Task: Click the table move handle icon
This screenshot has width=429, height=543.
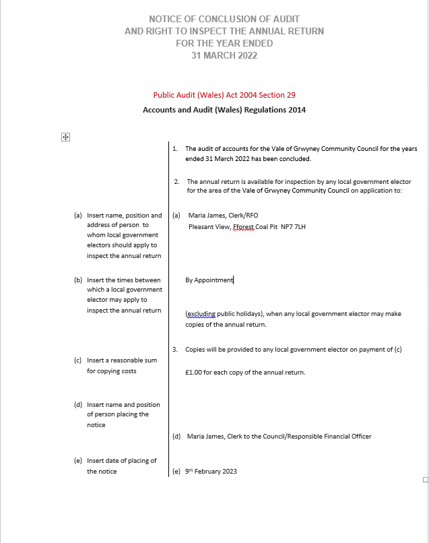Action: pyautogui.click(x=66, y=137)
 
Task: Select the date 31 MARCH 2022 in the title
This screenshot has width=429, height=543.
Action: pyautogui.click(x=224, y=55)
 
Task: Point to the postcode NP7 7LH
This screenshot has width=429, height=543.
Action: pyautogui.click(x=293, y=227)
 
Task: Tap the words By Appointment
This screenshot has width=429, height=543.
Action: pyautogui.click(x=209, y=280)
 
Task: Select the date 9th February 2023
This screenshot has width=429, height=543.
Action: pyautogui.click(x=211, y=471)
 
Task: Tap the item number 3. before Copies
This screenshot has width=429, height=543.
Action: pyautogui.click(x=175, y=349)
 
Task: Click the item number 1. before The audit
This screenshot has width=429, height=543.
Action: pyautogui.click(x=175, y=148)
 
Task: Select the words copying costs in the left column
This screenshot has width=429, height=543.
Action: pyautogui.click(x=111, y=371)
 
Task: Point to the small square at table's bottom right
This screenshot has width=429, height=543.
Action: pyautogui.click(x=424, y=480)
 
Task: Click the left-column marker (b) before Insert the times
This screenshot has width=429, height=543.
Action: pyautogui.click(x=77, y=280)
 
